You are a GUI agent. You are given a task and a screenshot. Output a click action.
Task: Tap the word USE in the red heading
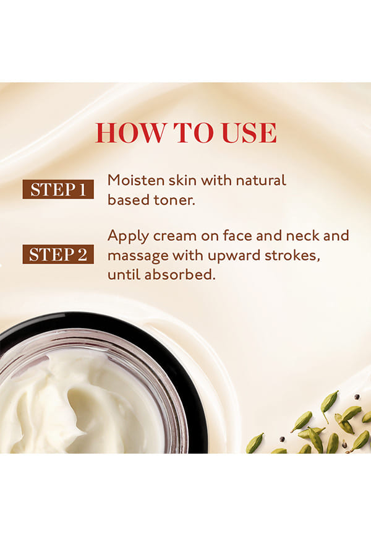[249, 132]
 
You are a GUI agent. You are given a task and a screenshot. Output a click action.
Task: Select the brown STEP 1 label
[58, 189]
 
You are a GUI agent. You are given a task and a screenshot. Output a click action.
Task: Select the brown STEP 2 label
[58, 254]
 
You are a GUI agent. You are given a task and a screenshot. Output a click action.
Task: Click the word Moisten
[136, 180]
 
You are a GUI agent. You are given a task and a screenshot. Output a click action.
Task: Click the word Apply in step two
[128, 236]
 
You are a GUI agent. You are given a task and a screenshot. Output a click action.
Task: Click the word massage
[138, 256]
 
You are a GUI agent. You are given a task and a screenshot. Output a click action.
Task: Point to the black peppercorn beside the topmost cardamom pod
[357, 397]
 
